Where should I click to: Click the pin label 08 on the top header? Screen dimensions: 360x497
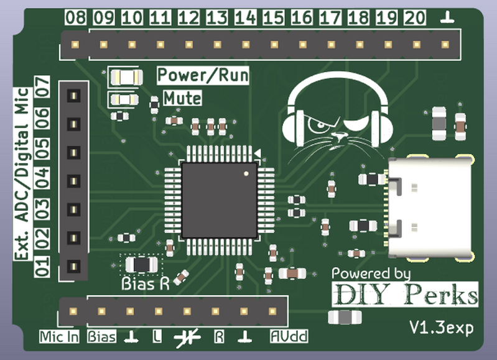coord(75,18)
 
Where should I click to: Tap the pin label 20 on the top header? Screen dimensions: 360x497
coord(414,18)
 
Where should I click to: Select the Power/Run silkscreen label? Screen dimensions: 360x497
coord(203,76)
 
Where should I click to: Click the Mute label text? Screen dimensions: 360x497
coord(182,98)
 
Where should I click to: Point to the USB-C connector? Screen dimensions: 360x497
coord(429,207)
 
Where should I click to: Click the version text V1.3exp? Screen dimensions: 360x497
coord(440,327)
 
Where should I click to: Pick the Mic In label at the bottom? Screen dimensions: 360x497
coord(60,337)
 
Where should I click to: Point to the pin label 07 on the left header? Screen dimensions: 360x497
coord(42,86)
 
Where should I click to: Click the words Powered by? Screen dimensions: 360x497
coord(371,274)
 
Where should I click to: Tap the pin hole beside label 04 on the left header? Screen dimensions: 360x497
coord(73,181)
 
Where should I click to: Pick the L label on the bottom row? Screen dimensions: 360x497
coord(157,337)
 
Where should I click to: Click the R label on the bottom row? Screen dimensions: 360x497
coord(218,337)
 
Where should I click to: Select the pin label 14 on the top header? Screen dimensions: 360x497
coord(245,18)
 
